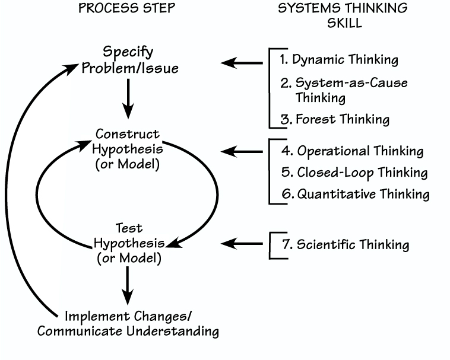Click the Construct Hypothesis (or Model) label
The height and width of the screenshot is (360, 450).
(x=128, y=149)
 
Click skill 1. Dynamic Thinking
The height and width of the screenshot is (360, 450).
(x=339, y=60)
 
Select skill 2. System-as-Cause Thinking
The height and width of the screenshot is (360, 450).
(x=344, y=90)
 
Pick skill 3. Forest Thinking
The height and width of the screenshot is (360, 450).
(x=335, y=119)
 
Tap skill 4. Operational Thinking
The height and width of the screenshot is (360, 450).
(x=352, y=151)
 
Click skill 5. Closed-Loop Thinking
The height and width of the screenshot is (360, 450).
(x=354, y=173)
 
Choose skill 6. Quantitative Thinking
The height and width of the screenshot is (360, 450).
(x=355, y=194)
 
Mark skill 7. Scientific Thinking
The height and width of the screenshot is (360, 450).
(x=346, y=244)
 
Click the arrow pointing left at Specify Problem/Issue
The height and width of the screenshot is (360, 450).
(x=242, y=62)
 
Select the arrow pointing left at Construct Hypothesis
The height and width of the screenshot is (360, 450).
(x=242, y=152)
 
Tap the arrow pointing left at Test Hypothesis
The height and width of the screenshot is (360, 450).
(x=242, y=243)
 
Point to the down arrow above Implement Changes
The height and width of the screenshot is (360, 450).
(x=128, y=286)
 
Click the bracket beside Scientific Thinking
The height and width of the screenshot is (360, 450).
(x=272, y=244)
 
